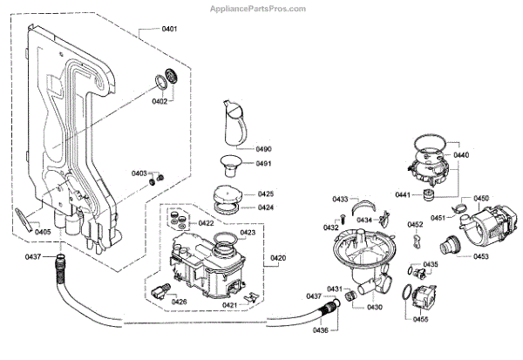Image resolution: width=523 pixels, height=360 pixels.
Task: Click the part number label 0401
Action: (169, 30)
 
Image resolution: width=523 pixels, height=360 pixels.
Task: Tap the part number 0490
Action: (264, 149)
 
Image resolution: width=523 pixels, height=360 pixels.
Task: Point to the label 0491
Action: (263, 164)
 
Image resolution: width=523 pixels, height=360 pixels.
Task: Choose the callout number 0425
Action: (266, 194)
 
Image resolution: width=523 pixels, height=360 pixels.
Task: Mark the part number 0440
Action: (486, 155)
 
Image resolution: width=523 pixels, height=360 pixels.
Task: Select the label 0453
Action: (480, 257)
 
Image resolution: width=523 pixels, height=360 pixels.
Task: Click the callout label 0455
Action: (420, 321)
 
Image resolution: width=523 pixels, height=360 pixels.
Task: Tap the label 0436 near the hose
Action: (320, 330)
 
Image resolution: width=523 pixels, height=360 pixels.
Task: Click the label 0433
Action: (340, 200)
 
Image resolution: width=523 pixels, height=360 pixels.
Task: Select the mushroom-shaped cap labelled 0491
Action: (232, 163)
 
